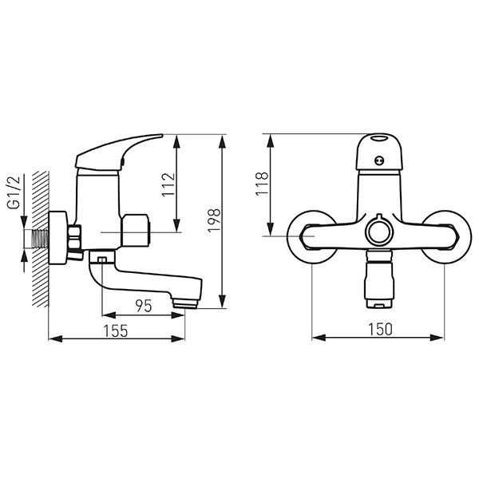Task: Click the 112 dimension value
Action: [168, 185]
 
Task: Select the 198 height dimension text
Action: [214, 220]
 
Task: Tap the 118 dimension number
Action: [262, 184]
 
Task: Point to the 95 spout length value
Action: [144, 306]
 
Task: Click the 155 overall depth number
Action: [116, 331]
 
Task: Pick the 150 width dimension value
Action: [380, 329]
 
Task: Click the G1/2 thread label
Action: [14, 192]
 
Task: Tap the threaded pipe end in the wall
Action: [41, 239]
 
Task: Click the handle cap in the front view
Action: [378, 152]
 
